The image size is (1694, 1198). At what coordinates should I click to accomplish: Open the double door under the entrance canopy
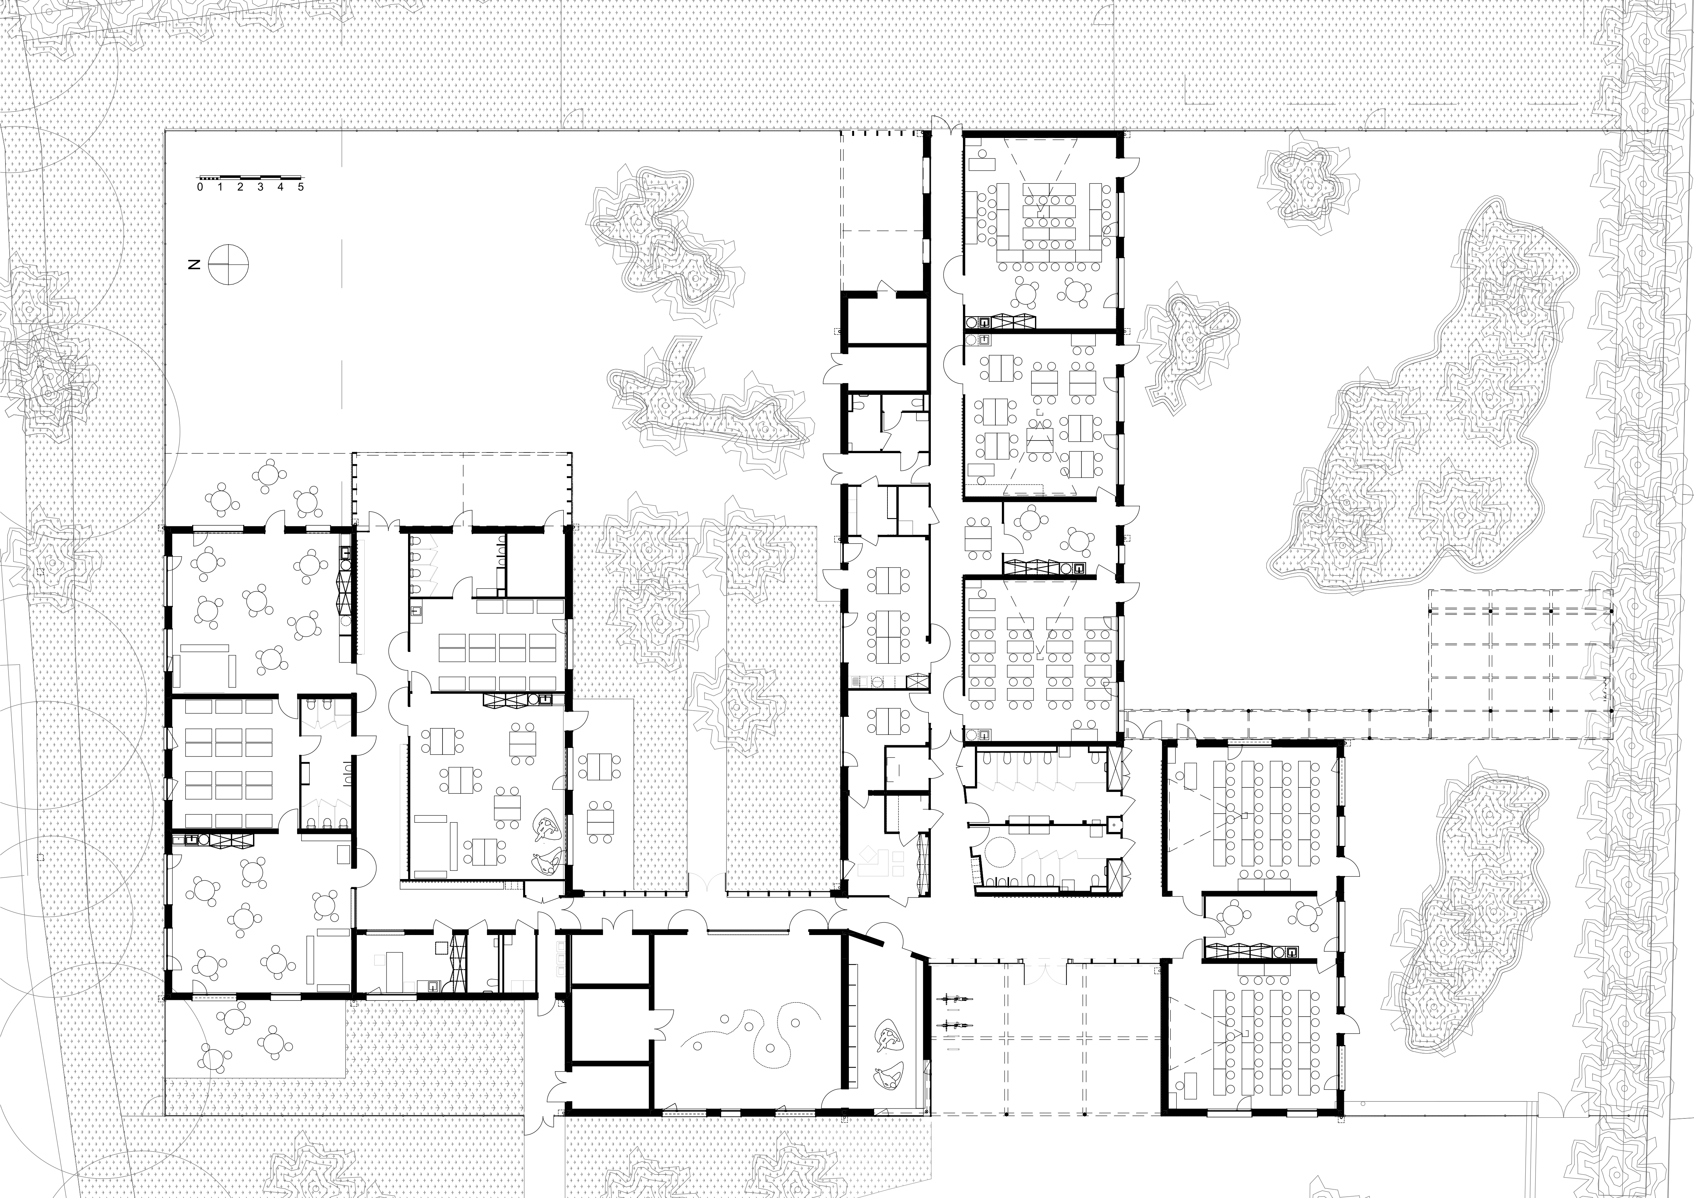[1045, 972]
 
